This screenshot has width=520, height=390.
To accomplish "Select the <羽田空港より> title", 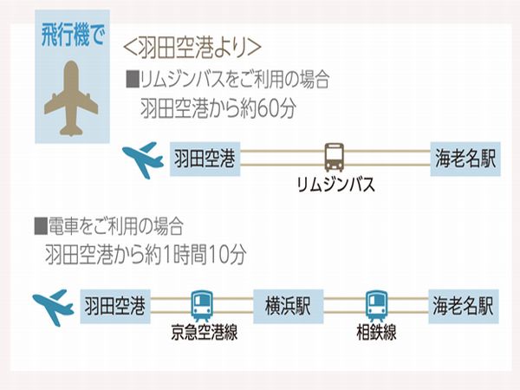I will pyautogui.click(x=193, y=46).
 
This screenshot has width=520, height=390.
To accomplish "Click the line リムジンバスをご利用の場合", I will pyautogui.click(x=228, y=81).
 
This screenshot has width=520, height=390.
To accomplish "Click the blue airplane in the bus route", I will pyautogui.click(x=143, y=159).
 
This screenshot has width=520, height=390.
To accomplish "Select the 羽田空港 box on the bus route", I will pyautogui.click(x=205, y=159).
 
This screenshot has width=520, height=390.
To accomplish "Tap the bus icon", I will pyautogui.click(x=335, y=157).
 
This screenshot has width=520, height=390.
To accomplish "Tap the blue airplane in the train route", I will pyautogui.click(x=53, y=307).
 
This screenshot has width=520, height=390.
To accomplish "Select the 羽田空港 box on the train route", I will pyautogui.click(x=114, y=307).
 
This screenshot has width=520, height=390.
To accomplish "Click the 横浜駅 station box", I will pyautogui.click(x=287, y=307).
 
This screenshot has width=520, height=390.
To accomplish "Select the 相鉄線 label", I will pyautogui.click(x=375, y=332).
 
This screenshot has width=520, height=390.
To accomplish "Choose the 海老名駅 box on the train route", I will pyautogui.click(x=464, y=307).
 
